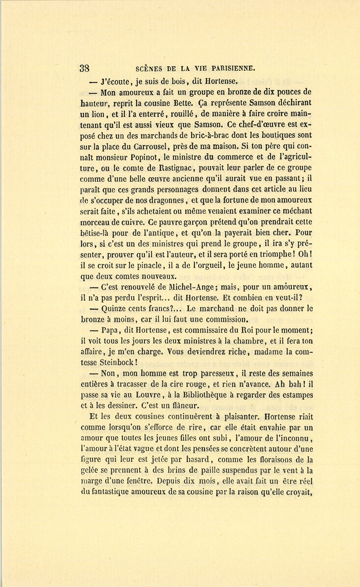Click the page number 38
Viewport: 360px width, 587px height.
click(x=84, y=68)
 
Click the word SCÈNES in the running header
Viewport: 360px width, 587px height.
click(x=149, y=68)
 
